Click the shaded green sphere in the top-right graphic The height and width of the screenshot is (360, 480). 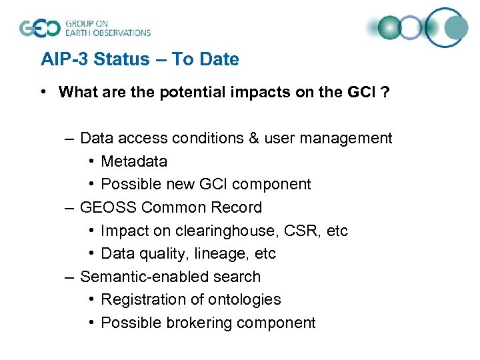coord(390,28)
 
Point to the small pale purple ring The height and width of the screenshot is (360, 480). coord(411,28)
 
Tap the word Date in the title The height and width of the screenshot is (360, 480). coord(219,59)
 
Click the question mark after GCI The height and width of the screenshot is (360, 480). coord(385,92)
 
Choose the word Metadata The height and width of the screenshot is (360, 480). coord(134,161)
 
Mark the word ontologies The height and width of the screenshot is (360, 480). coord(246,300)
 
